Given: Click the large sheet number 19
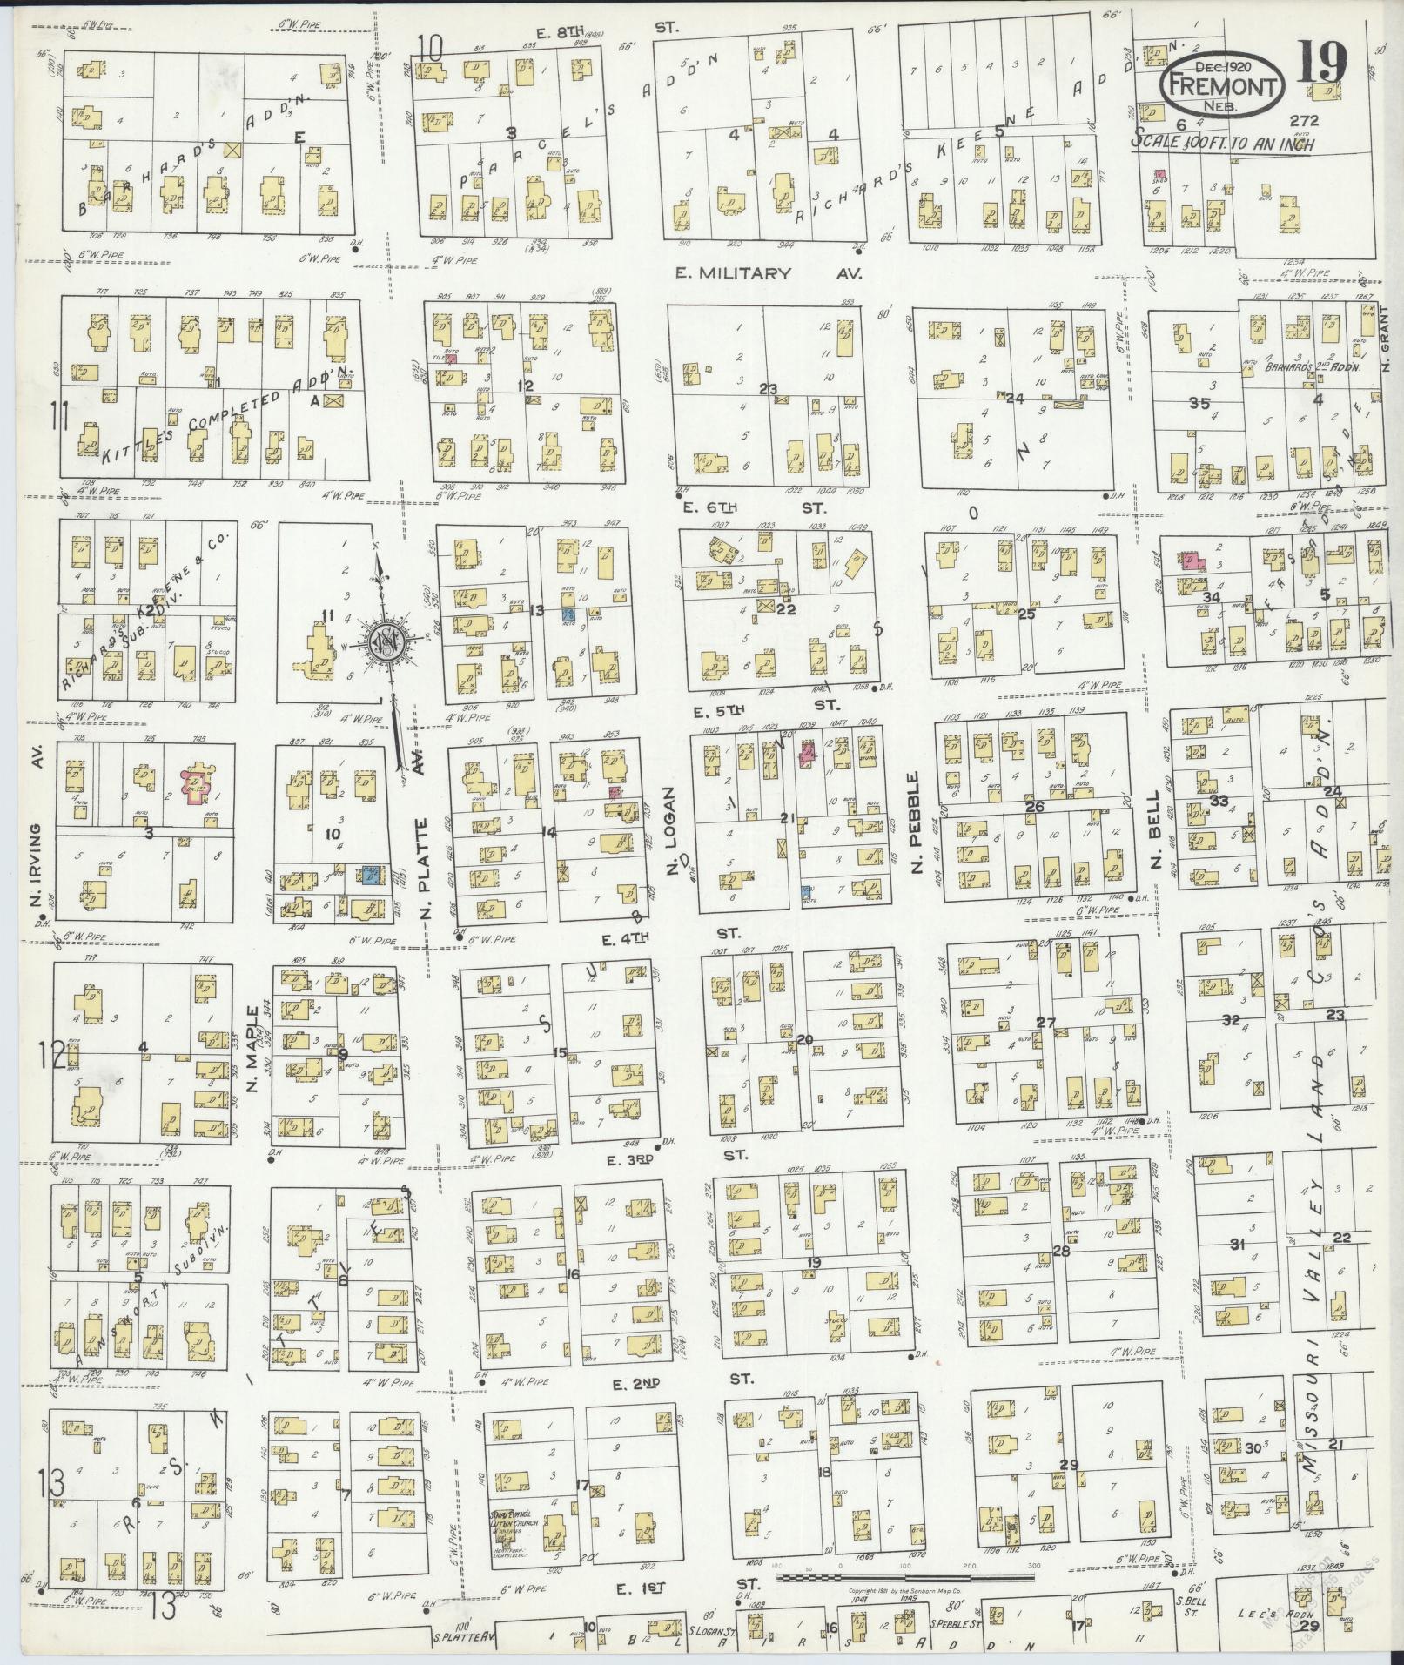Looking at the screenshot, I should pos(1321,61).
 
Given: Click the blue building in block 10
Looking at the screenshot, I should pos(372,876).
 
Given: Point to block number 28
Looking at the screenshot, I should pos(1061,1252).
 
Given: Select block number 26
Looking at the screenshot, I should pos(1034,806).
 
